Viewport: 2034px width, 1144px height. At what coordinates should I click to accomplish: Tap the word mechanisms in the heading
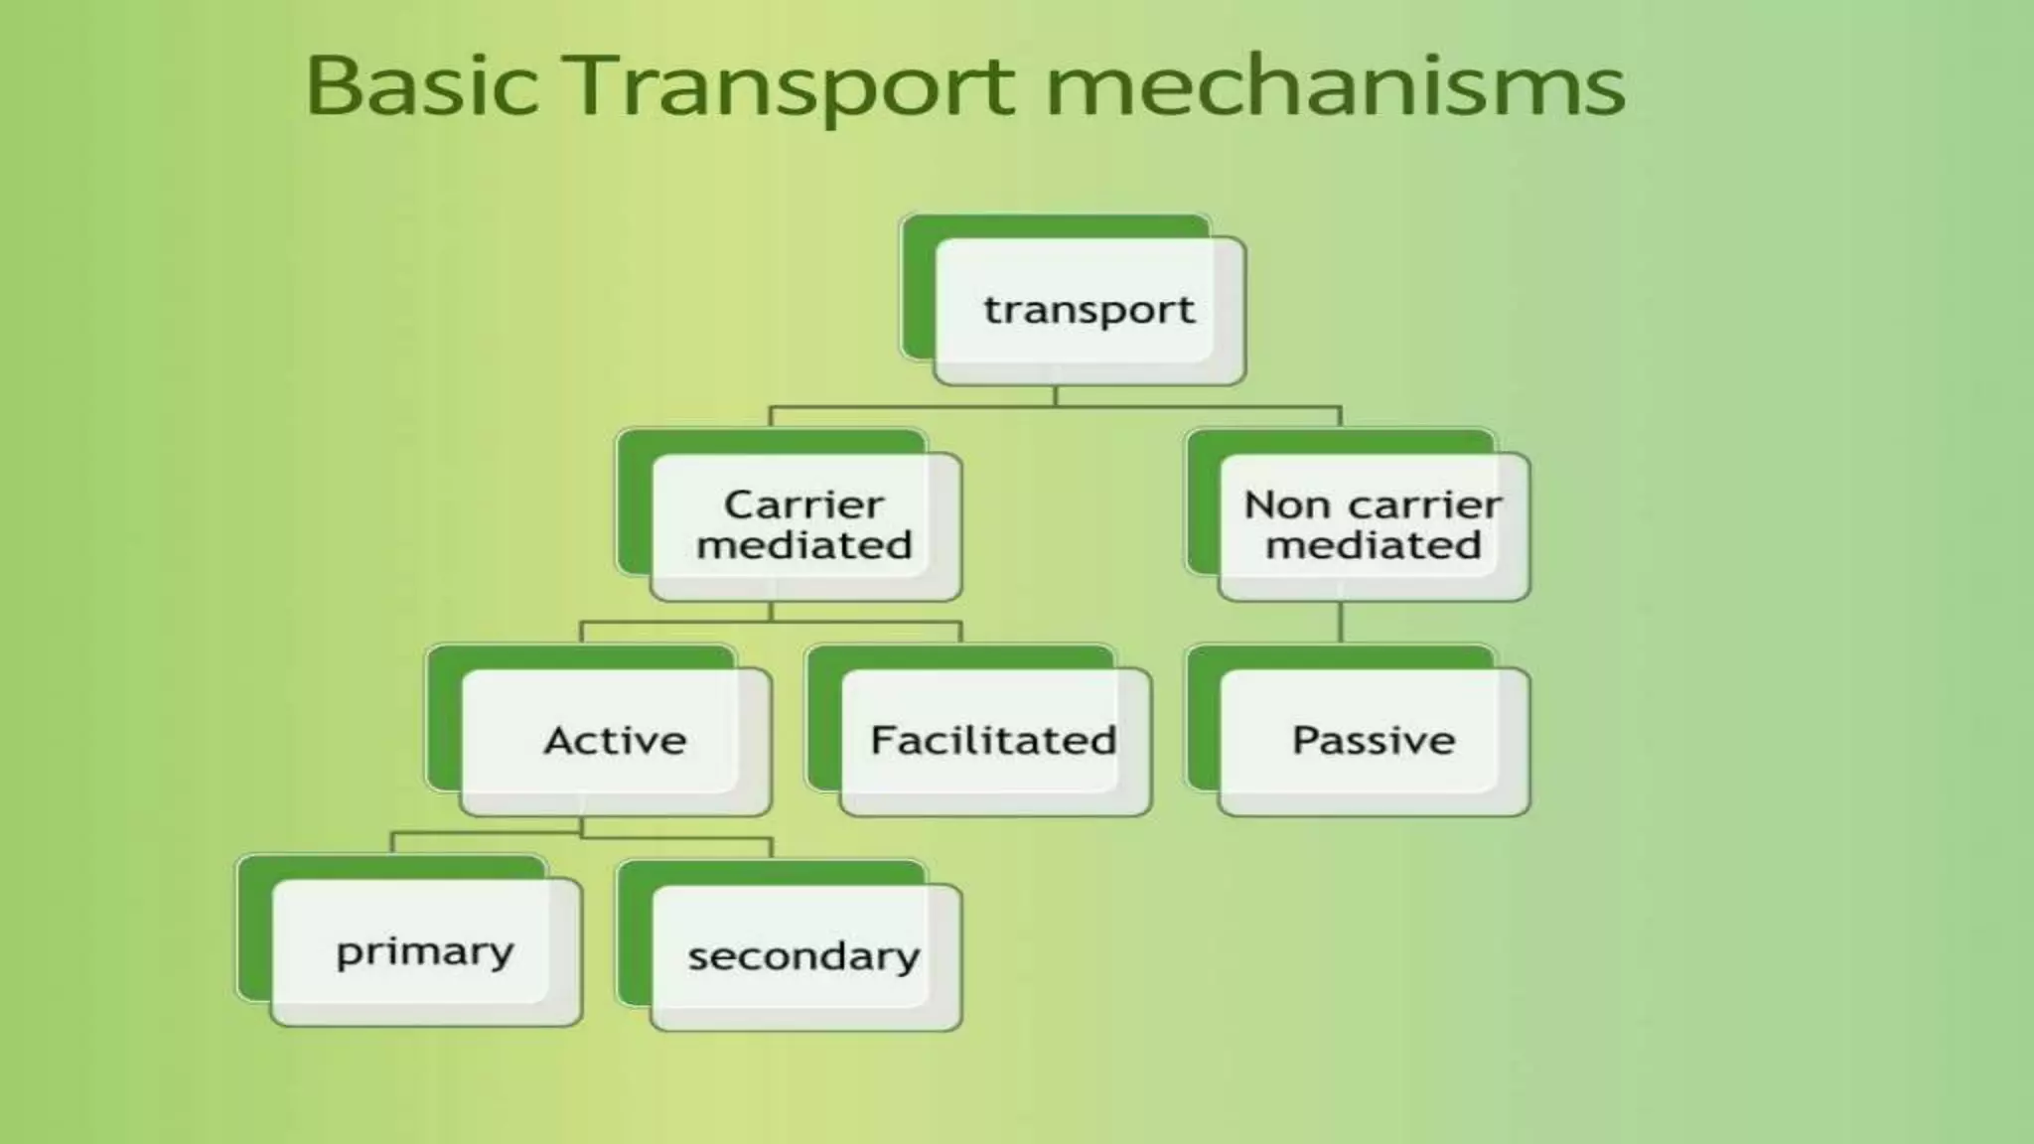[x=1335, y=85]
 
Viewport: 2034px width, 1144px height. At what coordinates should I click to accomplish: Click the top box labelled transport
[x=1089, y=310]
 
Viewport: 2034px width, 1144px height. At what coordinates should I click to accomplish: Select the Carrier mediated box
[x=804, y=525]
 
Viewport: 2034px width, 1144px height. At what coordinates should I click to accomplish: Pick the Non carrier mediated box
[x=1373, y=525]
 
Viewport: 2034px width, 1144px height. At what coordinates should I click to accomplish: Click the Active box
[x=615, y=741]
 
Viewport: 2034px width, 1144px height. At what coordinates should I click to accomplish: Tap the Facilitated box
[x=993, y=741]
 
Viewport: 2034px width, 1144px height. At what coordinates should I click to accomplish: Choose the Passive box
[x=1373, y=741]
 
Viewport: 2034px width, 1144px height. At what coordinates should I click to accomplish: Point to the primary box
[x=425, y=951]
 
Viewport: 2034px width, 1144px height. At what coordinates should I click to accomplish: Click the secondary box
[x=804, y=956]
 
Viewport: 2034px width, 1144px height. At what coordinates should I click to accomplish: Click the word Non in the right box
[x=1287, y=504]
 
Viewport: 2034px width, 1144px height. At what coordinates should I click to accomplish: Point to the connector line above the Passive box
[x=1341, y=623]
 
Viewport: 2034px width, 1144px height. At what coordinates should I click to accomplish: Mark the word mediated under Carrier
[x=804, y=545]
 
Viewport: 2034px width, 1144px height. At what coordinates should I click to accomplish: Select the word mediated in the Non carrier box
[x=1373, y=545]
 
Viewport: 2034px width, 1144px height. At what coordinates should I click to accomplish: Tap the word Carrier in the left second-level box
[x=804, y=504]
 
